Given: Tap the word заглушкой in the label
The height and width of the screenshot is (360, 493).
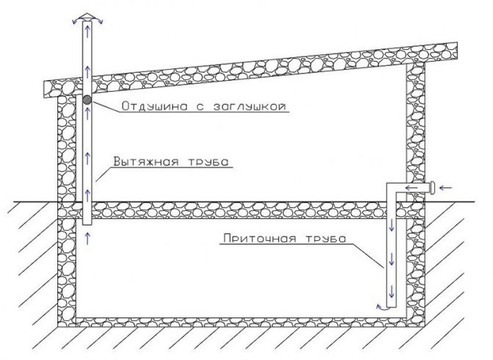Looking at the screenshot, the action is [x=250, y=107].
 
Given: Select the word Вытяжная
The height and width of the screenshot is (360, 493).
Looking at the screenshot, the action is [x=145, y=162].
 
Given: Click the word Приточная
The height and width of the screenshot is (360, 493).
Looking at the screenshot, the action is [x=259, y=238].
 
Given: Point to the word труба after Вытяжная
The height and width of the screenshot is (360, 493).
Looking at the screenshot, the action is [x=209, y=162].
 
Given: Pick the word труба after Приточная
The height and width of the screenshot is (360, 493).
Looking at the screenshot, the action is [x=325, y=238].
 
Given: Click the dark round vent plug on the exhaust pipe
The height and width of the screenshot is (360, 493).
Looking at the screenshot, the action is [x=87, y=100].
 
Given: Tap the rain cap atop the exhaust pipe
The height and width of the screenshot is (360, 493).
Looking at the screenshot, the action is [x=87, y=17].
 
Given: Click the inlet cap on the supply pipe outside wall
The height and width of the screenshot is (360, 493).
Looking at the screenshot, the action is [x=432, y=188].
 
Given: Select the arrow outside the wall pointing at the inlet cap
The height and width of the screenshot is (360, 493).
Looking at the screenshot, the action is [x=445, y=188].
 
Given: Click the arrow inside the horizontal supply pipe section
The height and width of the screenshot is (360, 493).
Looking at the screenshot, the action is [x=411, y=188].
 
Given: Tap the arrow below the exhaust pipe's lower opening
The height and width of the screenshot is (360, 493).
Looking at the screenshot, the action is [x=87, y=238].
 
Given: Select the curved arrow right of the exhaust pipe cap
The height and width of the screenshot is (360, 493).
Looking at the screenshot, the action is [x=98, y=21].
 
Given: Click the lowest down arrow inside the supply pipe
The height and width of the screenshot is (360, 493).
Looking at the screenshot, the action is [x=392, y=292].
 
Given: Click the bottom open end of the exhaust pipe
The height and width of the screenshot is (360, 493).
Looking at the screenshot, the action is [x=87, y=225].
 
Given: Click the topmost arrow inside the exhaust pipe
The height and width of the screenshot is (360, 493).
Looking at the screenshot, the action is [x=87, y=31].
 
